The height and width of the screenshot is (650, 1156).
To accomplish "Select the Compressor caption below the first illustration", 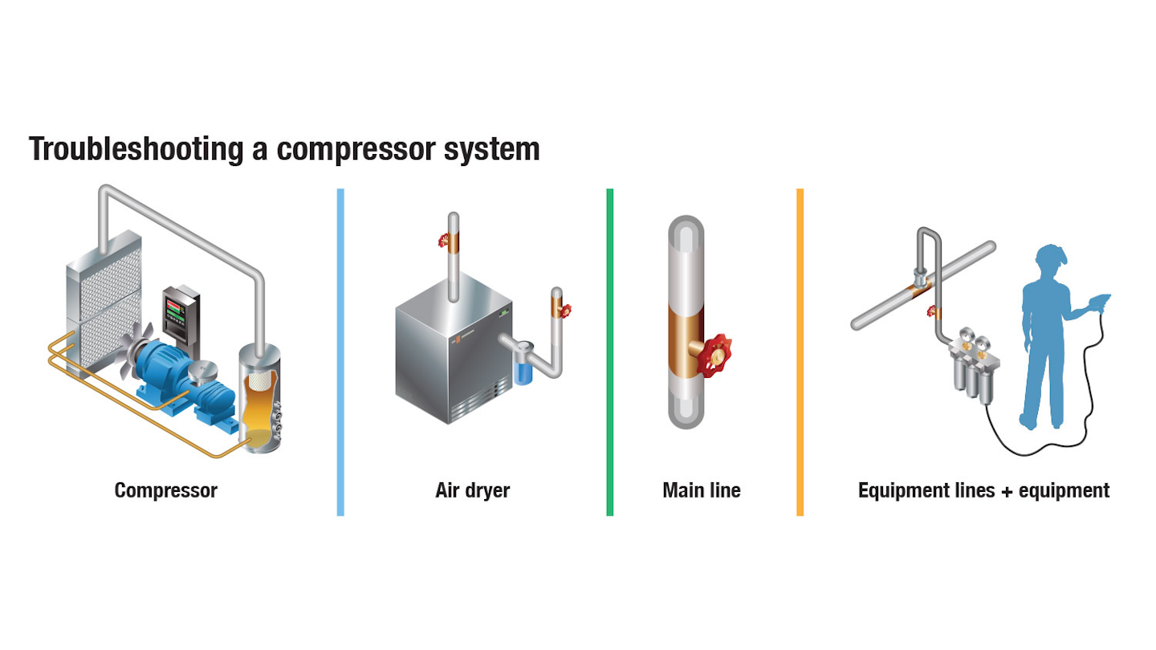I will coord(165,490).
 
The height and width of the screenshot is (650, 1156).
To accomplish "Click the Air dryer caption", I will coord(472,490).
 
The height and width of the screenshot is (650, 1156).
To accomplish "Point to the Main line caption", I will coord(701,490).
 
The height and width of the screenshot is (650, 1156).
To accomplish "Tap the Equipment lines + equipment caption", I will coord(983,490).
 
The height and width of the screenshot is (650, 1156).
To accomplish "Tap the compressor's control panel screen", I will coord(178,308).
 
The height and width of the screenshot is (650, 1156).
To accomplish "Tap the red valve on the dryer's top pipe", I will coord(443,239).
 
